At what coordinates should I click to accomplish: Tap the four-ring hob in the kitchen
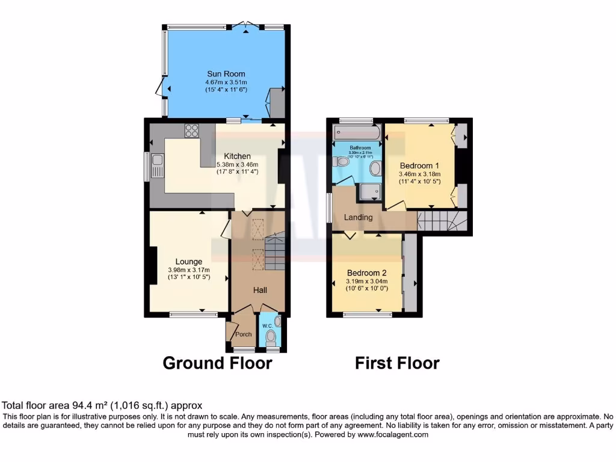[x=192, y=131]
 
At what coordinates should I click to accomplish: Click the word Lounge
[x=188, y=261]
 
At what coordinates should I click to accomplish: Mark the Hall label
[x=260, y=290]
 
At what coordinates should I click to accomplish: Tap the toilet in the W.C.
[x=269, y=336]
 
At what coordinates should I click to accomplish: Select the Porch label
[x=244, y=334]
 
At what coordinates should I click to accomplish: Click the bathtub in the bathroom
[x=355, y=133]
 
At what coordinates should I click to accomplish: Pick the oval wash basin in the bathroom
[x=374, y=168]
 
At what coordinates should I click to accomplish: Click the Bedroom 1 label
[x=419, y=165]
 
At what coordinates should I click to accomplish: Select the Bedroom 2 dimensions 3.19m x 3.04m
[x=366, y=282]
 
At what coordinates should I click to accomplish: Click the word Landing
[x=358, y=217]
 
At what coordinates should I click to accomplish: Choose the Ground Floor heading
[x=217, y=363]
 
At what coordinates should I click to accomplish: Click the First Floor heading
[x=396, y=363]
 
